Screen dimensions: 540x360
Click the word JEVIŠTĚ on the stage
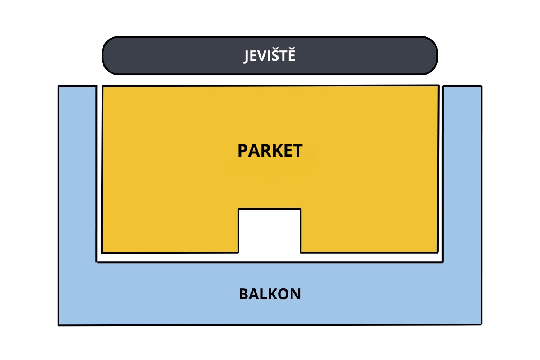(x=269, y=55)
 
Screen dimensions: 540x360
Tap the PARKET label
(x=270, y=151)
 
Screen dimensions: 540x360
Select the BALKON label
(x=270, y=294)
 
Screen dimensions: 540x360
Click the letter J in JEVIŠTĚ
(x=246, y=56)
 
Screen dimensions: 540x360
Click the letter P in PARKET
(x=243, y=151)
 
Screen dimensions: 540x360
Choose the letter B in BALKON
(x=244, y=294)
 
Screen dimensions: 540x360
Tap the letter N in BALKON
(x=296, y=294)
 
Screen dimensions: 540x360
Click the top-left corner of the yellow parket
(x=103, y=86)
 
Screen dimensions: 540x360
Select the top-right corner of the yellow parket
(x=438, y=85)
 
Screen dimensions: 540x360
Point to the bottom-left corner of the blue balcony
(x=59, y=325)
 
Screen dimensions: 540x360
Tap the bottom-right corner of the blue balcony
(x=481, y=324)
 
